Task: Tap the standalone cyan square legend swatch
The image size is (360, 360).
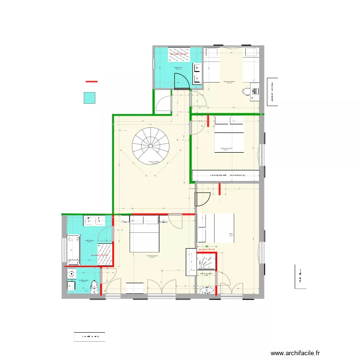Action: click(x=89, y=98)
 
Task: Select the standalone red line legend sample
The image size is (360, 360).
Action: click(x=91, y=82)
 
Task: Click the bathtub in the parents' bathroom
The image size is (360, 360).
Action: click(x=73, y=249)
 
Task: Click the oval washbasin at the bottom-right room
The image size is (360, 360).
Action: click(x=207, y=290)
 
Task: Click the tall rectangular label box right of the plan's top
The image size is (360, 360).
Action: click(x=272, y=91)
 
